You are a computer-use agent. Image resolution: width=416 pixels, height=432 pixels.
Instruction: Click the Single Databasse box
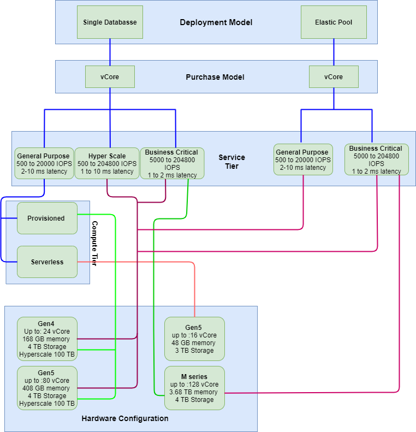(x=110, y=22)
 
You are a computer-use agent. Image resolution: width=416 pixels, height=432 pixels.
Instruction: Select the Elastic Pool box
(x=334, y=22)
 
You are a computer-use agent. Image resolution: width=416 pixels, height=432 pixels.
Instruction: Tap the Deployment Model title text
(x=216, y=22)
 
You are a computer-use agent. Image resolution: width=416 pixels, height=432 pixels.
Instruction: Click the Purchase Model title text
(x=215, y=77)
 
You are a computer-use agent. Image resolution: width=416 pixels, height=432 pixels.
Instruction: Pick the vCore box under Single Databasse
(x=110, y=77)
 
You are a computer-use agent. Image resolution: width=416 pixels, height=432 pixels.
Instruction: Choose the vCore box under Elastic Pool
(x=334, y=77)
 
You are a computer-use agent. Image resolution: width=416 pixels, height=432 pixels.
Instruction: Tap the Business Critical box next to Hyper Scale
(x=172, y=163)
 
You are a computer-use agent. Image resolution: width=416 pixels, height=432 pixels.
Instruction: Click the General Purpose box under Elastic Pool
(x=303, y=160)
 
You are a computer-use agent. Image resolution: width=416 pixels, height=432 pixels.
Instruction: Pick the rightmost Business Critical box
(x=376, y=159)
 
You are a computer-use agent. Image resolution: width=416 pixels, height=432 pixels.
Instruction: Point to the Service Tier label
(x=231, y=162)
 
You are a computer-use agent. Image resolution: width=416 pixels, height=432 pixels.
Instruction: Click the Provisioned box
(x=47, y=218)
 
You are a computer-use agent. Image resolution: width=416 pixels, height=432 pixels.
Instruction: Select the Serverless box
(x=47, y=262)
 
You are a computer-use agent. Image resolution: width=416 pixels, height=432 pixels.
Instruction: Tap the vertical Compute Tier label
(x=94, y=243)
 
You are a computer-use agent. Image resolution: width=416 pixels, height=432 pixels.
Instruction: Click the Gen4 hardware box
(x=47, y=339)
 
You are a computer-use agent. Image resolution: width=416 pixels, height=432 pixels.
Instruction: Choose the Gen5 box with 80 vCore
(x=47, y=388)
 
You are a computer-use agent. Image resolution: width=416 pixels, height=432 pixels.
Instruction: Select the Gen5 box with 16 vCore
(x=195, y=339)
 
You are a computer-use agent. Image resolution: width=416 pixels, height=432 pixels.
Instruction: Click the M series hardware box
(x=195, y=388)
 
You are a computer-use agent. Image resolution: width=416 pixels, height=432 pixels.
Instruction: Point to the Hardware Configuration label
(x=125, y=418)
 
